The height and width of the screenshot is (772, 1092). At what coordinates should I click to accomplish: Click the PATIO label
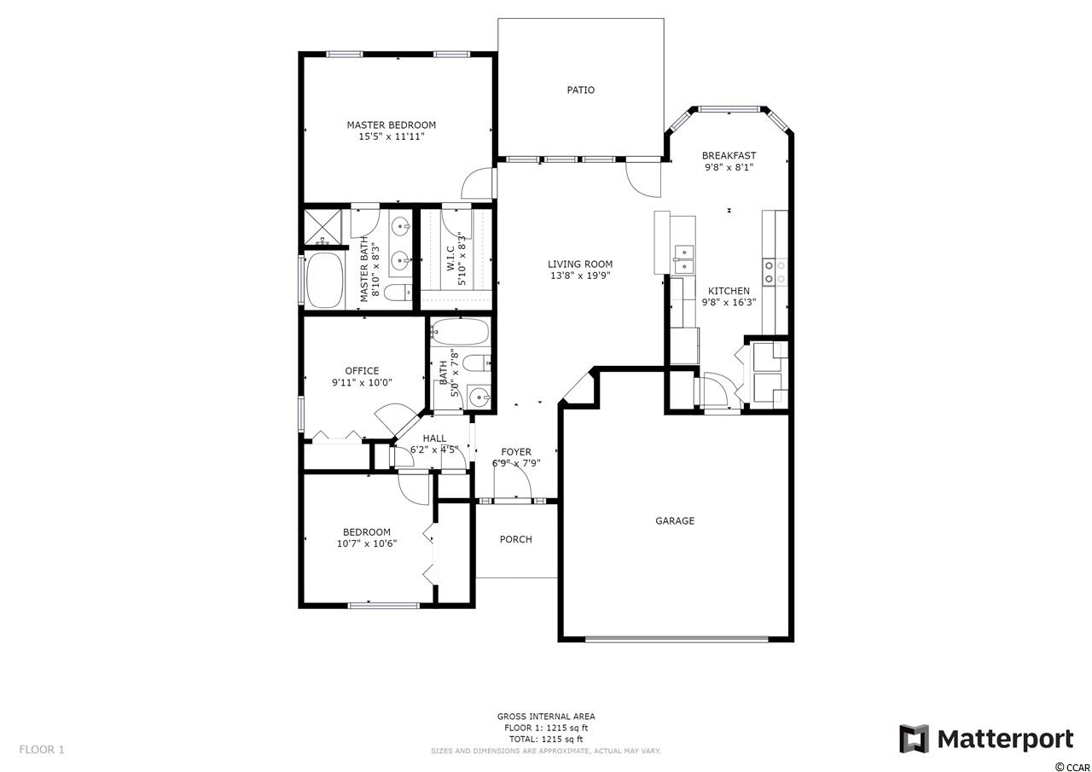[x=581, y=90]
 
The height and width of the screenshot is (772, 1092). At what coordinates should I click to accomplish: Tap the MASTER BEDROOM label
[x=392, y=125]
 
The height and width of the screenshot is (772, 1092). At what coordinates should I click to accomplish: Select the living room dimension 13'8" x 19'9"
[x=580, y=276]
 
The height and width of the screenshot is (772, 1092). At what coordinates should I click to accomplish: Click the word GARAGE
[x=675, y=521]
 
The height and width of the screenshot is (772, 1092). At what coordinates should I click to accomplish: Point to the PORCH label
[x=516, y=539]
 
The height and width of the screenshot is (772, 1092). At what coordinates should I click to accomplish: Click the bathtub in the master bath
[x=324, y=281]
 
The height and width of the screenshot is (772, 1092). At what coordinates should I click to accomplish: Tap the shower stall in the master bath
[x=322, y=227]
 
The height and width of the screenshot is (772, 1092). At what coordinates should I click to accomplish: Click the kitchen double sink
[x=684, y=260]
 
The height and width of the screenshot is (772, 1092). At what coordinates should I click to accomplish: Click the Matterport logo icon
[x=914, y=739]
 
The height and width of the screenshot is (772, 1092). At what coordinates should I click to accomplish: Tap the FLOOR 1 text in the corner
[x=42, y=750]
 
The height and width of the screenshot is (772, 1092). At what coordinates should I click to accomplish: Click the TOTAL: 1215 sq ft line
[x=546, y=740]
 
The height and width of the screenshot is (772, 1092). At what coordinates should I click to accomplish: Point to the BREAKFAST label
[x=729, y=156]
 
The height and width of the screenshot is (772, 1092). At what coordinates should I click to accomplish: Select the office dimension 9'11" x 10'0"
[x=363, y=383]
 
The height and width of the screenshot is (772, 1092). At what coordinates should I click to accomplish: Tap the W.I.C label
[x=450, y=258]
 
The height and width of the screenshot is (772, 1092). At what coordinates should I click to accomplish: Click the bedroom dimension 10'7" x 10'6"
[x=367, y=544]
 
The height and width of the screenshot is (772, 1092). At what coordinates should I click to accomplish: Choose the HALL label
[x=434, y=438]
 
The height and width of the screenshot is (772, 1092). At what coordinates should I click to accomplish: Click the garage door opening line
[x=677, y=639]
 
